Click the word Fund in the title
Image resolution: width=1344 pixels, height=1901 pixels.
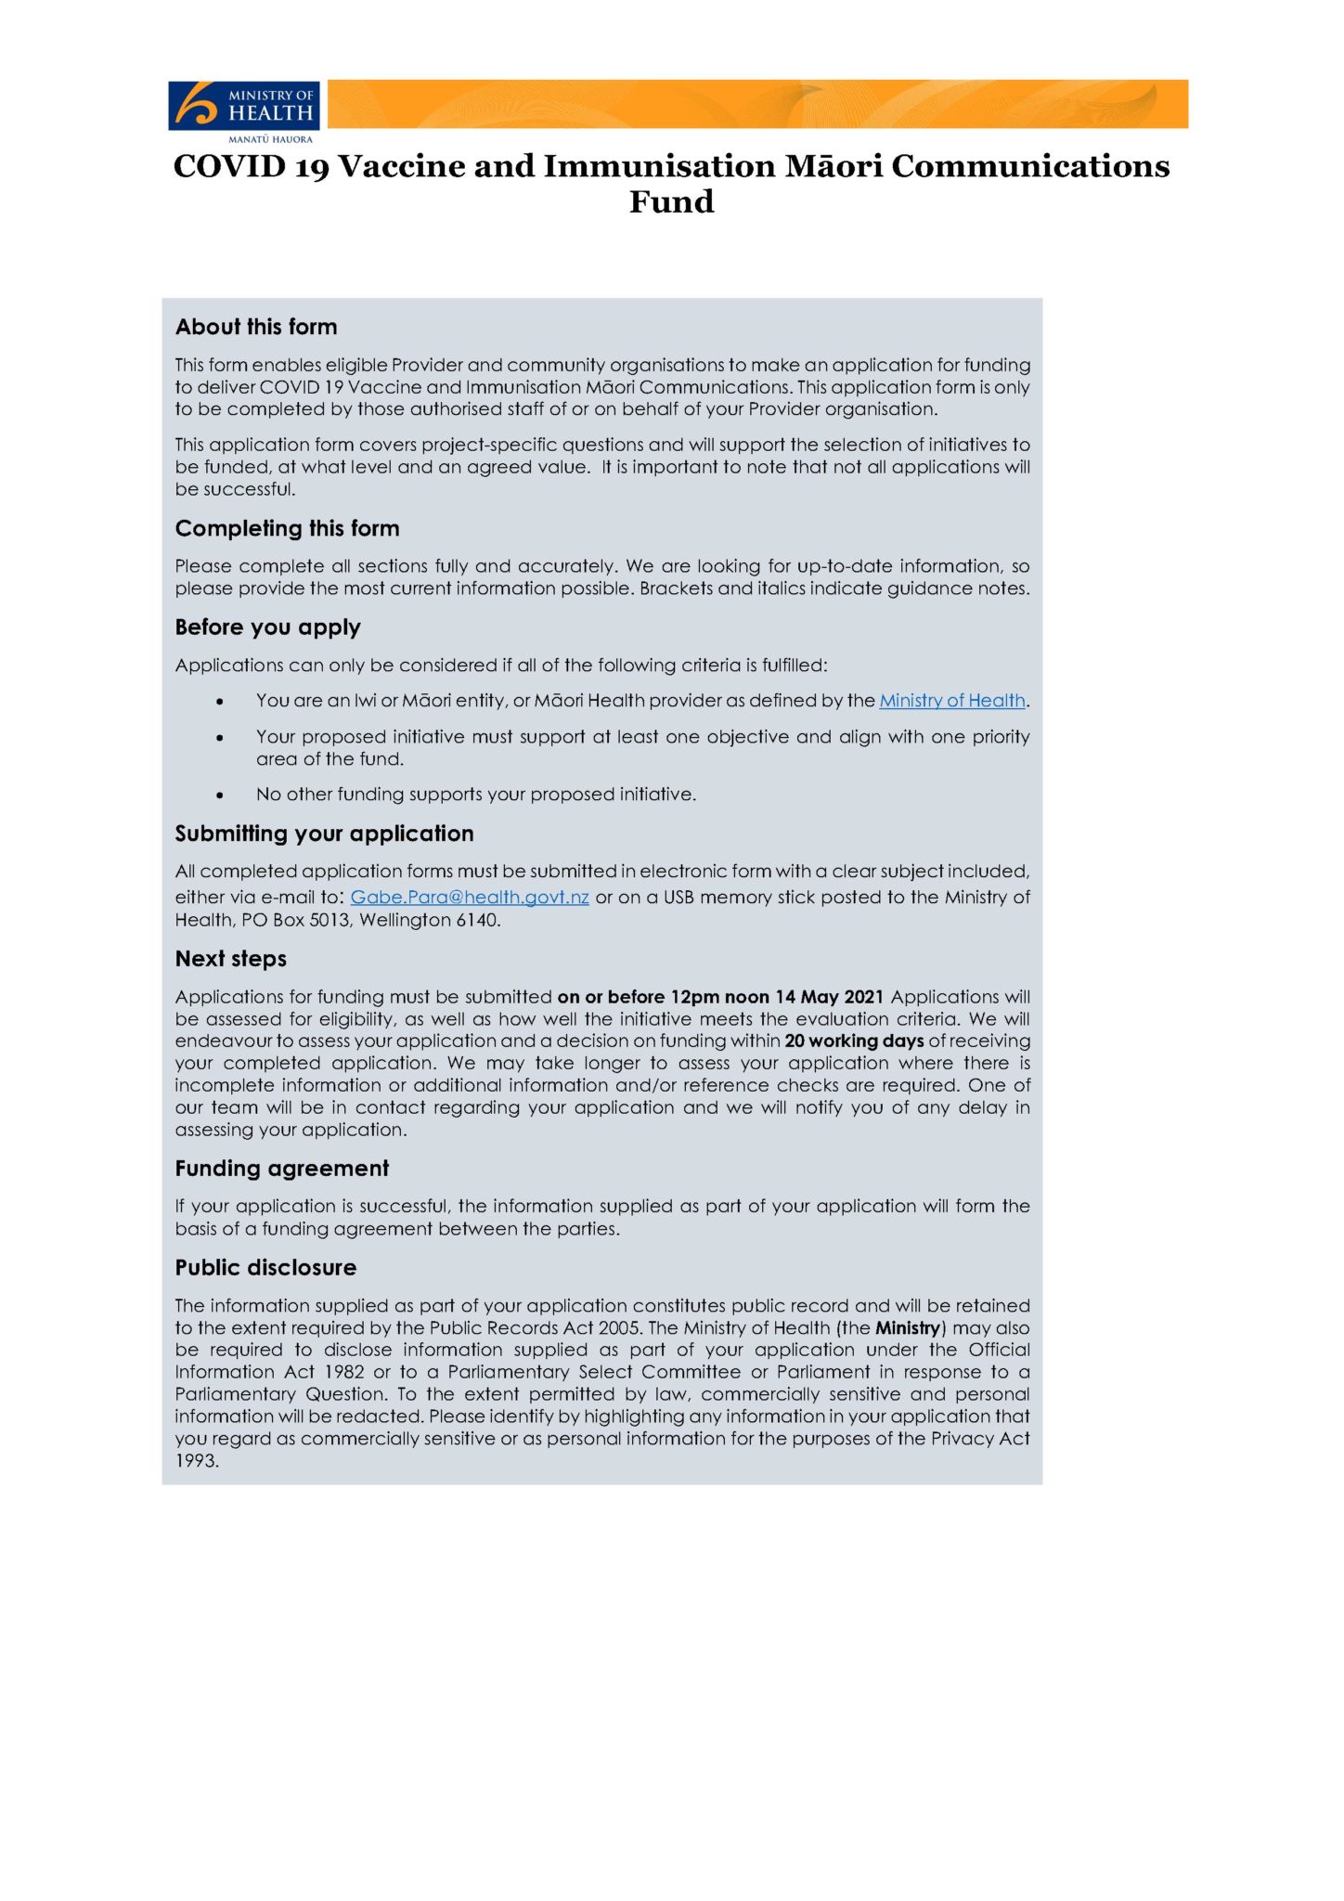pos(671,201)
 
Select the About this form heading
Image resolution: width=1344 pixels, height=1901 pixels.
pos(256,327)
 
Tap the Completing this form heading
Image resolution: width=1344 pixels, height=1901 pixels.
pos(287,528)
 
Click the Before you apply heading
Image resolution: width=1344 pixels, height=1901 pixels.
pos(267,627)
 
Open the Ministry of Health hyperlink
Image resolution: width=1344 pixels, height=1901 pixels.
pos(951,701)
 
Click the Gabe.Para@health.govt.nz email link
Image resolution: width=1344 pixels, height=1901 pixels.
pos(470,898)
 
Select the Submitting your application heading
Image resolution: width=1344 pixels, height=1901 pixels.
pos(324,834)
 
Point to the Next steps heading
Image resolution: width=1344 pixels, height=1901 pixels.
pos(230,959)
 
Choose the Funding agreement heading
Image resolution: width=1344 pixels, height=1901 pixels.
pos(282,1169)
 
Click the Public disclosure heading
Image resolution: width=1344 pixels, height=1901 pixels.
pos(265,1268)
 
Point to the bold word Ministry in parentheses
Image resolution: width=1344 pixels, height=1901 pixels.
pos(909,1328)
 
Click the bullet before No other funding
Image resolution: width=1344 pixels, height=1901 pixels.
pos(220,795)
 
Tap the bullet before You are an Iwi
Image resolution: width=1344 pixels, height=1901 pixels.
pos(220,702)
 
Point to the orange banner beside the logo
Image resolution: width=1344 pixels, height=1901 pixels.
pos(756,104)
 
